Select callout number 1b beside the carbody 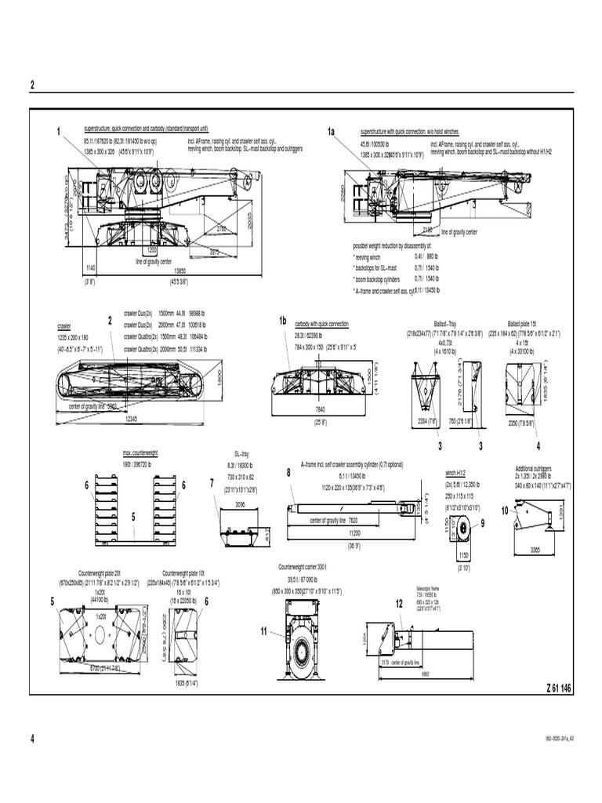tap(283, 322)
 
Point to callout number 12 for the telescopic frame tap(399, 601)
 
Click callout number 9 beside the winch tap(483, 523)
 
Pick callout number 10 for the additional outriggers tap(505, 511)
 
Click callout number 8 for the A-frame tap(288, 473)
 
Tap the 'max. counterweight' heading tap(140, 452)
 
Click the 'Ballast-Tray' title tap(433, 322)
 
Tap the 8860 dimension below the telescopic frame tap(425, 674)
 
